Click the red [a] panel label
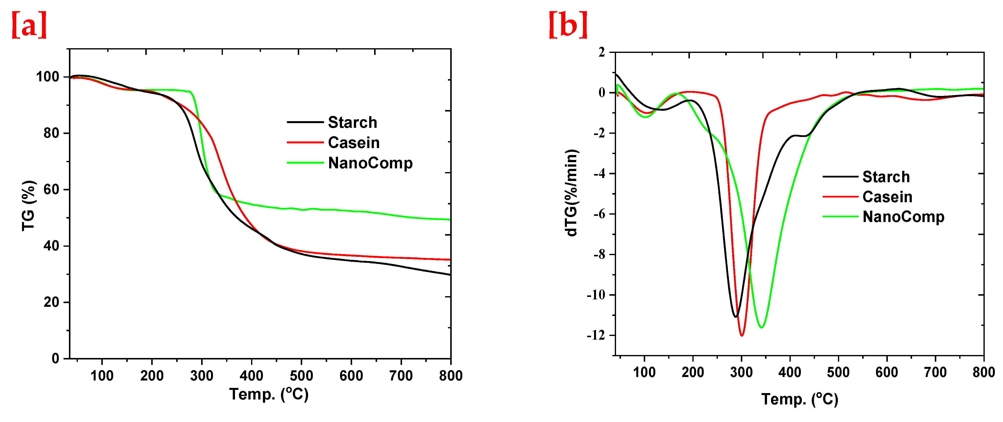(x=29, y=24)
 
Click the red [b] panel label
(x=568, y=24)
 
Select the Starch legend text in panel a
(x=352, y=122)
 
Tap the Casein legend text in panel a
(x=354, y=143)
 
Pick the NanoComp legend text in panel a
(x=370, y=163)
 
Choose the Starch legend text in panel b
(x=886, y=177)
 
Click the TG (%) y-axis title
(x=28, y=205)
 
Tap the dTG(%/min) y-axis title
(x=571, y=193)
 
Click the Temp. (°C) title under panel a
(x=269, y=394)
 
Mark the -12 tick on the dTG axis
(x=596, y=335)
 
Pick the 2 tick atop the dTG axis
(x=602, y=52)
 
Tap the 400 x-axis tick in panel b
(x=790, y=373)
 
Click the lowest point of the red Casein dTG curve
(x=742, y=335)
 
